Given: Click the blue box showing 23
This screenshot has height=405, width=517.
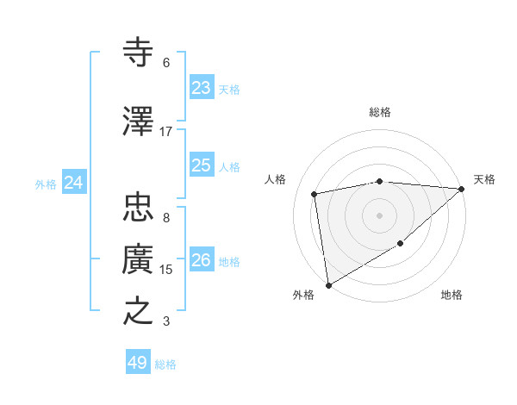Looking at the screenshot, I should tap(201, 88).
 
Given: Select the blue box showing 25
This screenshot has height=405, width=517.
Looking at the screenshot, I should tap(201, 165).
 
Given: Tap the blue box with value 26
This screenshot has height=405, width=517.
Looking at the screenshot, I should tap(201, 260).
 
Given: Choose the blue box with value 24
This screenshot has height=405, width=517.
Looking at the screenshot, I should tap(74, 183).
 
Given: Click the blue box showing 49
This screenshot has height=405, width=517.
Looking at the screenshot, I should tap(138, 363).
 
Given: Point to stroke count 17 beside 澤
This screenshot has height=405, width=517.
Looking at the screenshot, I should tap(166, 132).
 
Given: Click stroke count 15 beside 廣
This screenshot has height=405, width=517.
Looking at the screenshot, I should tap(166, 270).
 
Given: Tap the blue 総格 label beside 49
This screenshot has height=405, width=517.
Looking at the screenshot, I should tap(165, 364).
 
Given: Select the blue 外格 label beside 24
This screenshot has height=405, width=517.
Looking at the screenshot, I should tap(46, 184).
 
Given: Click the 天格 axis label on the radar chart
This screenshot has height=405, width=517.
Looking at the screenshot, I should tap(484, 179).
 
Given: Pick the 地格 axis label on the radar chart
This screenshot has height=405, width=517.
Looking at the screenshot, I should tap(452, 296).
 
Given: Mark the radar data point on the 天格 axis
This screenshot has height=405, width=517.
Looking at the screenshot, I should tap(463, 189).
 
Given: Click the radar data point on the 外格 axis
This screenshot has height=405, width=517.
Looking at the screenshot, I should tap(328, 284).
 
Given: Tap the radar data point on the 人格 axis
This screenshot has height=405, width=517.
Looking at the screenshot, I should tap(315, 194).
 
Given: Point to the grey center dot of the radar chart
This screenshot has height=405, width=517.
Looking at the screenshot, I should tap(380, 215).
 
